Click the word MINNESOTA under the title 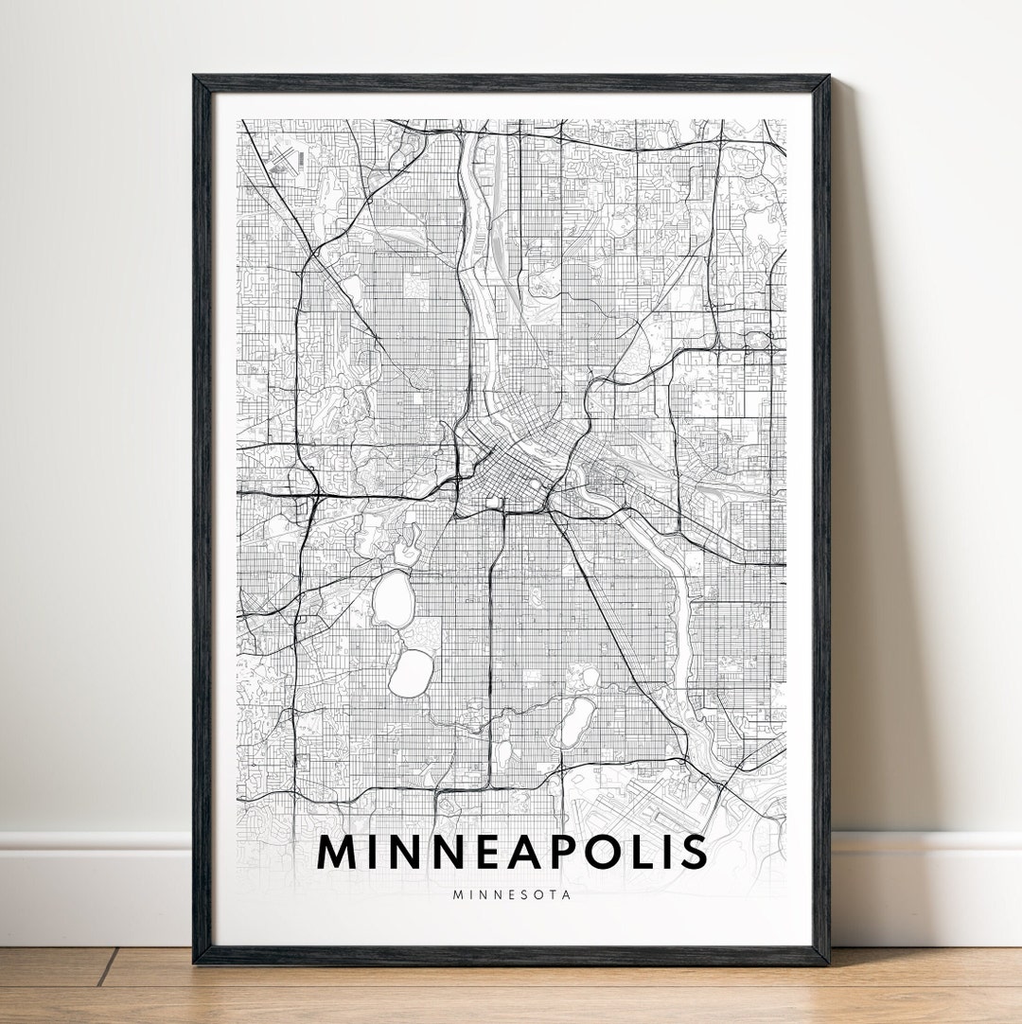coord(512,894)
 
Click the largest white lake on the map coord(389,600)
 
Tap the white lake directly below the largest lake coord(410,671)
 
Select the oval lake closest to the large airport coord(571,724)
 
